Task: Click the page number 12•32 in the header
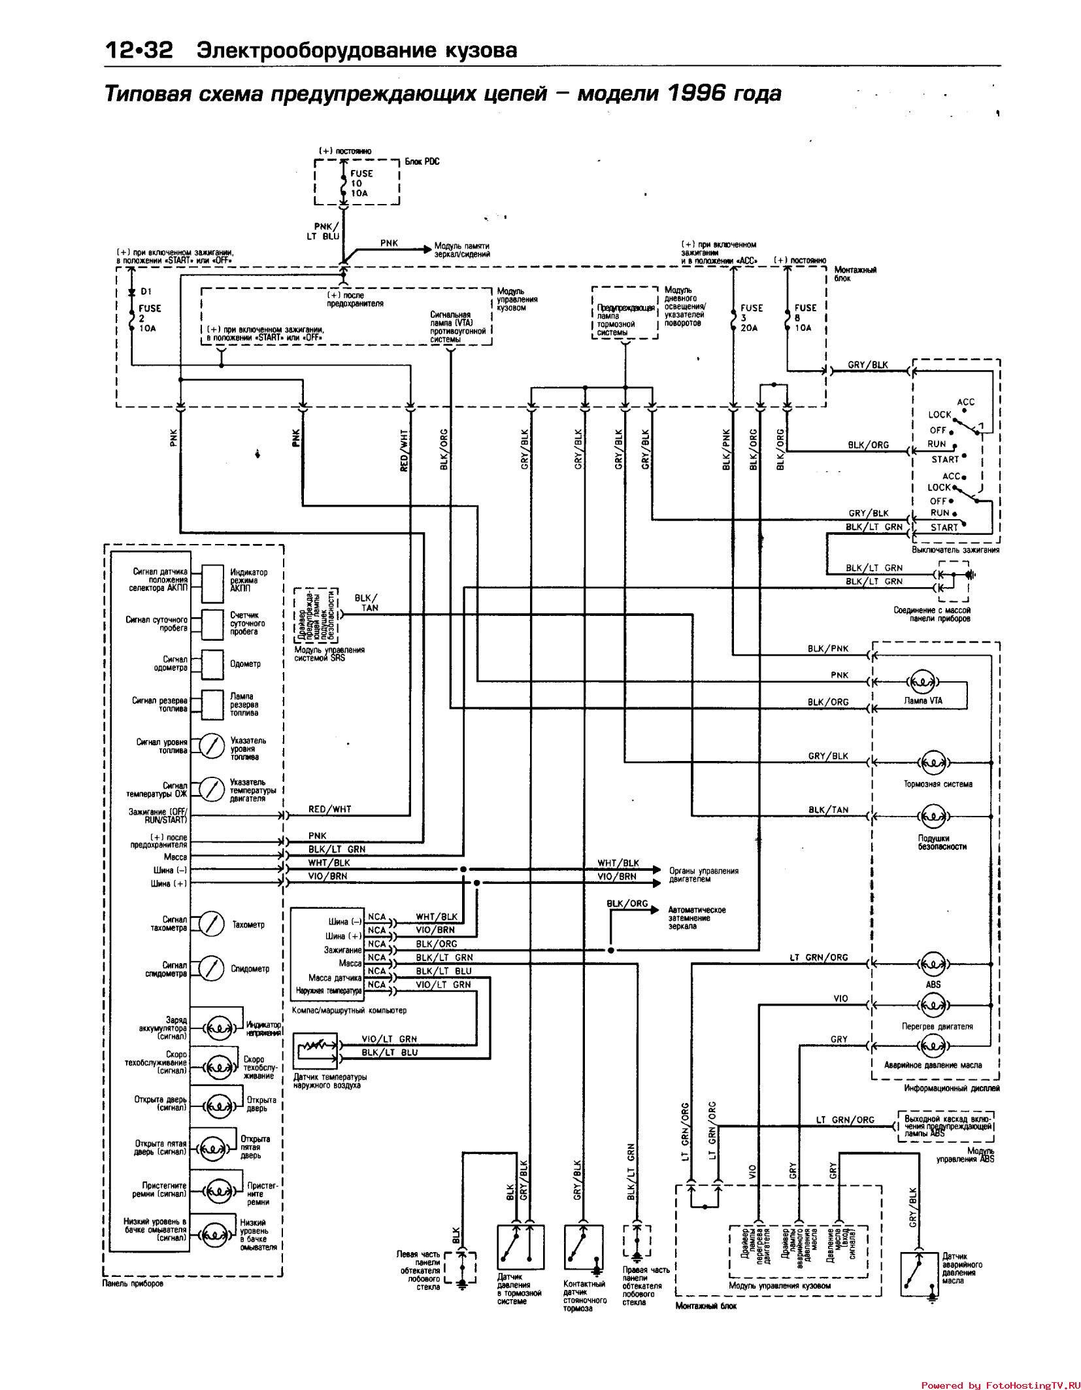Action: (x=138, y=50)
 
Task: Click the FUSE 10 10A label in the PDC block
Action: (x=361, y=183)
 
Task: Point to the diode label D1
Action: (x=146, y=292)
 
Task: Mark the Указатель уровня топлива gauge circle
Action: (x=211, y=747)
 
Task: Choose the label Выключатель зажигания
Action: (x=956, y=550)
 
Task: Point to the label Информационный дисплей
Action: (x=952, y=1089)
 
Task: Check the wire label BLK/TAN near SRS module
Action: (x=366, y=603)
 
